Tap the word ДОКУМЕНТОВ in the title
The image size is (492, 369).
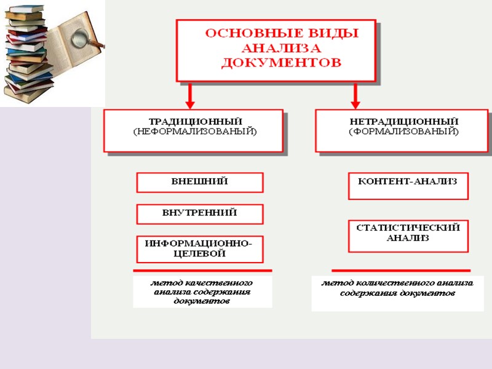tap(280, 62)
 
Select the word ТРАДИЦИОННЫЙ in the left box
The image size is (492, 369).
tap(196, 121)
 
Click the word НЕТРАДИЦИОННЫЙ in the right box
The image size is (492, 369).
tap(403, 121)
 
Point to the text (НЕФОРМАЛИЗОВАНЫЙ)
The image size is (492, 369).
tap(195, 131)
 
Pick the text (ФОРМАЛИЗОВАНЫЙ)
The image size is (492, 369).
tap(403, 131)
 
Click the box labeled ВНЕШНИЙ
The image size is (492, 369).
tap(199, 182)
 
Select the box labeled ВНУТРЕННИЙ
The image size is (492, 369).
tap(199, 213)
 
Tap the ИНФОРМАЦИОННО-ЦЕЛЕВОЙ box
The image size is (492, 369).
tap(199, 248)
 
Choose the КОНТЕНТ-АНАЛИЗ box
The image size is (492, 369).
tap(408, 186)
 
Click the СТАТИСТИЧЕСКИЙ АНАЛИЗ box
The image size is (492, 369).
tap(408, 236)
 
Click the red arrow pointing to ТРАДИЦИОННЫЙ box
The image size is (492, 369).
tap(190, 97)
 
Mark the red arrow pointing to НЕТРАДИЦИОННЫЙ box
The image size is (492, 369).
tap(355, 97)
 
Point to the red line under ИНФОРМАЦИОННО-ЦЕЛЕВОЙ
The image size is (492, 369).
tap(202, 271)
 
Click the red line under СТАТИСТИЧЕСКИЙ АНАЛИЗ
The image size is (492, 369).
tap(400, 271)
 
